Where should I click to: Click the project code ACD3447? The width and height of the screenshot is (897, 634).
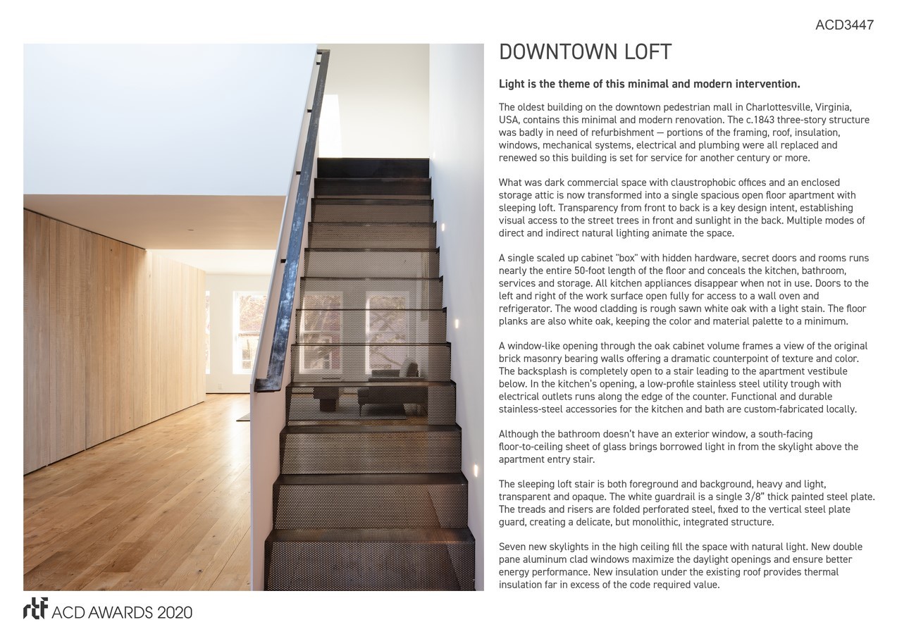[844, 25]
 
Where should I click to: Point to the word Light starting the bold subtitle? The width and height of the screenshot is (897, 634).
[512, 84]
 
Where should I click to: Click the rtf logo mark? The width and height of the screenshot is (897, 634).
[35, 609]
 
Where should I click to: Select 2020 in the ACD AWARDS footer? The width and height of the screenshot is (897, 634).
[175, 612]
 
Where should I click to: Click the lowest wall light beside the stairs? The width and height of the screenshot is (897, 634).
[475, 468]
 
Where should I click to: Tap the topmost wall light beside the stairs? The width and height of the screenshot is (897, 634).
[443, 227]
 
